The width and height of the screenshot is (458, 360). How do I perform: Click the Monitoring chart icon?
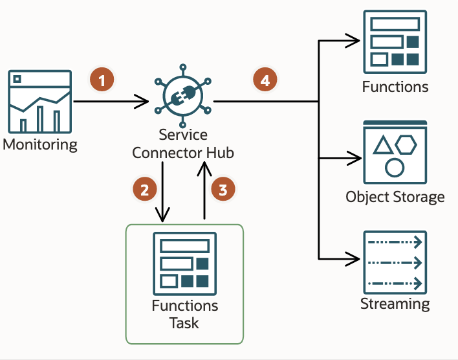coord(39,101)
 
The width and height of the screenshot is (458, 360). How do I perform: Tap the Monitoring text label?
coord(40,144)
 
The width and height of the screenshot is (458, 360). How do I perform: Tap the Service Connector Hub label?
coord(183,144)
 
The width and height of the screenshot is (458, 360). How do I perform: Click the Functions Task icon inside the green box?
coord(184,264)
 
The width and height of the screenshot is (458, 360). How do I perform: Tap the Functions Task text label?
coord(184,313)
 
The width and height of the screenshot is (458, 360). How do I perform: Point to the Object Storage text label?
coord(395,197)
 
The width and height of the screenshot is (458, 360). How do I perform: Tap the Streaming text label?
coord(395,304)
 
